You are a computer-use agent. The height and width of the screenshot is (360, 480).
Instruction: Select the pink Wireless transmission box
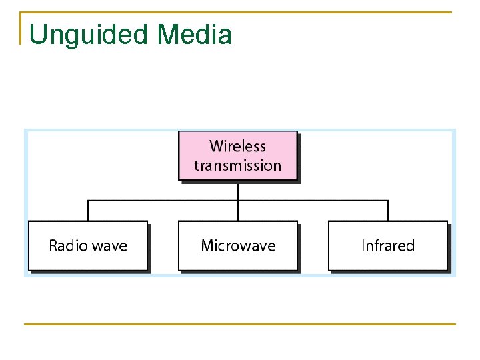[x=237, y=156]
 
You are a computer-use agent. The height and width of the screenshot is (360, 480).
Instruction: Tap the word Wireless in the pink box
[x=237, y=146]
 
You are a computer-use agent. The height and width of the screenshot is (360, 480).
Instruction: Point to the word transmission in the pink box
[x=237, y=165]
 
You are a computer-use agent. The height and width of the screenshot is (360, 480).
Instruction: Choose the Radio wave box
[x=87, y=245]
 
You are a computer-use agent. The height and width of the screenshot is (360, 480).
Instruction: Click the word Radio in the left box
[x=68, y=246]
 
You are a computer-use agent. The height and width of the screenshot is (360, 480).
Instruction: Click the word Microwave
[x=238, y=246]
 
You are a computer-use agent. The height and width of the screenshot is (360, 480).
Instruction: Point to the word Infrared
[x=387, y=246]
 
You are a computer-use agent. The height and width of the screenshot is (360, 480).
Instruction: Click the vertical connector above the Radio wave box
[x=88, y=211]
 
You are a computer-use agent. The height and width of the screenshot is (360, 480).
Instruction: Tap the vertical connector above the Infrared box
[x=388, y=211]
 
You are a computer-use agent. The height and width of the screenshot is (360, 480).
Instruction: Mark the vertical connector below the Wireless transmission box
[x=238, y=191]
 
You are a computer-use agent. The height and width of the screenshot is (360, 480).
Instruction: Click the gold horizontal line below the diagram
[x=240, y=325]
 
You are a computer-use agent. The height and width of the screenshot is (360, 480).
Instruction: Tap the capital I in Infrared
[x=363, y=246]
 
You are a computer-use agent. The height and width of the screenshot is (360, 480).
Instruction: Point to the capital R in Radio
[x=54, y=246]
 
